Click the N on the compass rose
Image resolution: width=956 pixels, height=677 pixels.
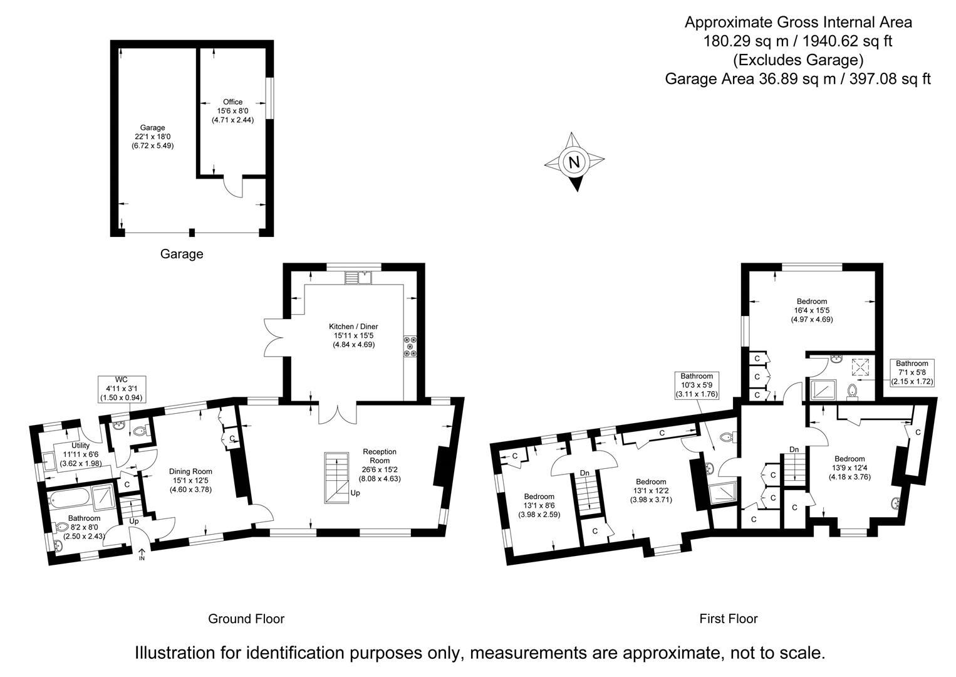click(x=573, y=161)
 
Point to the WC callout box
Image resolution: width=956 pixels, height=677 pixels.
click(x=121, y=389)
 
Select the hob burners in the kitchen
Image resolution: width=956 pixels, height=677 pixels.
click(x=412, y=348)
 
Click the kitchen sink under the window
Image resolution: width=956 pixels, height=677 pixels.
click(x=358, y=276)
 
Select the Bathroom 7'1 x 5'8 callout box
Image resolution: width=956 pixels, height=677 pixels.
click(x=912, y=372)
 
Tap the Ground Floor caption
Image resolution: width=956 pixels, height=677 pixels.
click(x=246, y=619)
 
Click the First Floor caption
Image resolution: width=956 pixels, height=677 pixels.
click(x=728, y=619)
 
